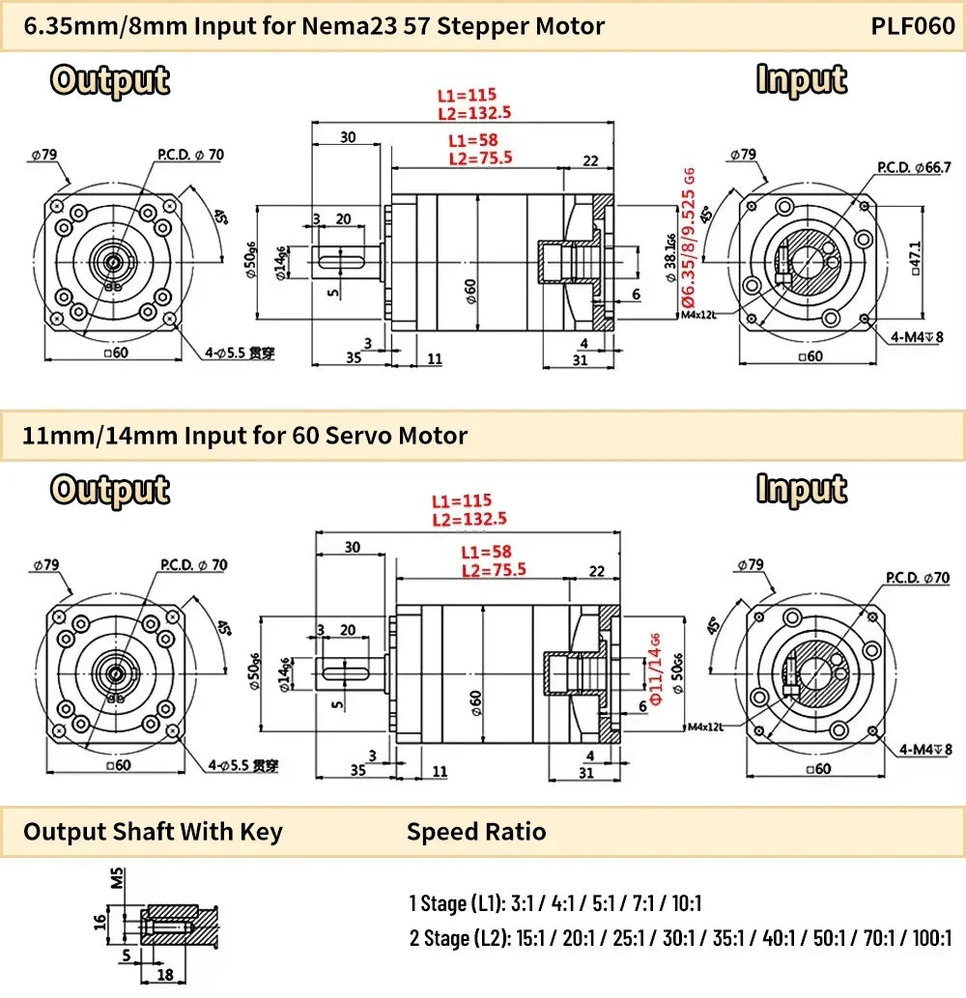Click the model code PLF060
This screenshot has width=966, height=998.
point(912,26)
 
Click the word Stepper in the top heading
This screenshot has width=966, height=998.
point(486,26)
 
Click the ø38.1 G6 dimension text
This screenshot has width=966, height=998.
point(670,254)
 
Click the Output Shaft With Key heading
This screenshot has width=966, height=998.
point(153,832)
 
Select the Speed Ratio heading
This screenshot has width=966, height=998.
point(475,832)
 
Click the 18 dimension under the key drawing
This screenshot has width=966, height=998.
point(164,976)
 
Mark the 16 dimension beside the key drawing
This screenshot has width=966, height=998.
point(100,923)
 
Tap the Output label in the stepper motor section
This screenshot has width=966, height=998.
point(110,81)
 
